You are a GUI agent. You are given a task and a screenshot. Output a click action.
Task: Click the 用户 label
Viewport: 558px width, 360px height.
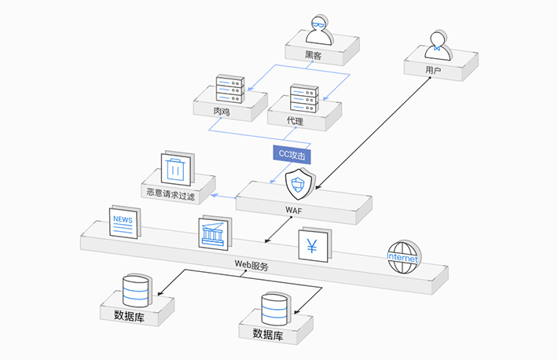pyautogui.click(x=433, y=71)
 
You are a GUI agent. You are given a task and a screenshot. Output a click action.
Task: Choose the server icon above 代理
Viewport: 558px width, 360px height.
pyautogui.click(x=303, y=100)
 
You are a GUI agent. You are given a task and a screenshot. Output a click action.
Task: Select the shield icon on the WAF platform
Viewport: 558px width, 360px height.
pyautogui.click(x=299, y=186)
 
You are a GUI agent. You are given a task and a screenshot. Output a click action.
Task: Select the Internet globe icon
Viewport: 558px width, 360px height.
pyautogui.click(x=403, y=257)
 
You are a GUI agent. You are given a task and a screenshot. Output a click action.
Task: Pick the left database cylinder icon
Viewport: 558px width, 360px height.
pyautogui.click(x=136, y=291)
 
